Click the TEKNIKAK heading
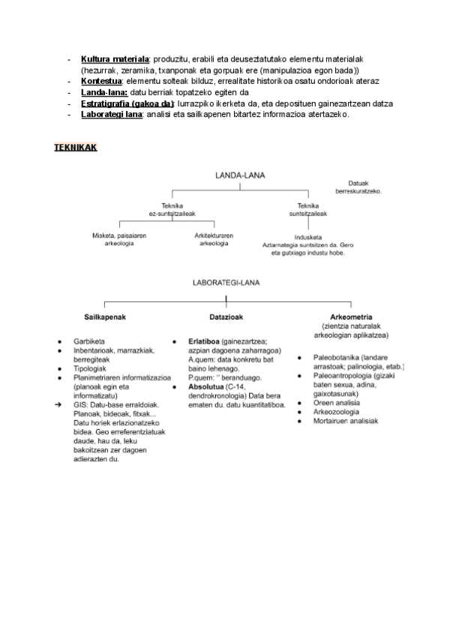click(76, 147)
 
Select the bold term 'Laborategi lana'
click(112, 114)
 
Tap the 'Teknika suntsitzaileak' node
click(308, 209)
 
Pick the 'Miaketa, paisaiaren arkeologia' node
click(119, 239)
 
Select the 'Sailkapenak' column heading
click(105, 317)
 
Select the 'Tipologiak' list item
click(91, 369)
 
